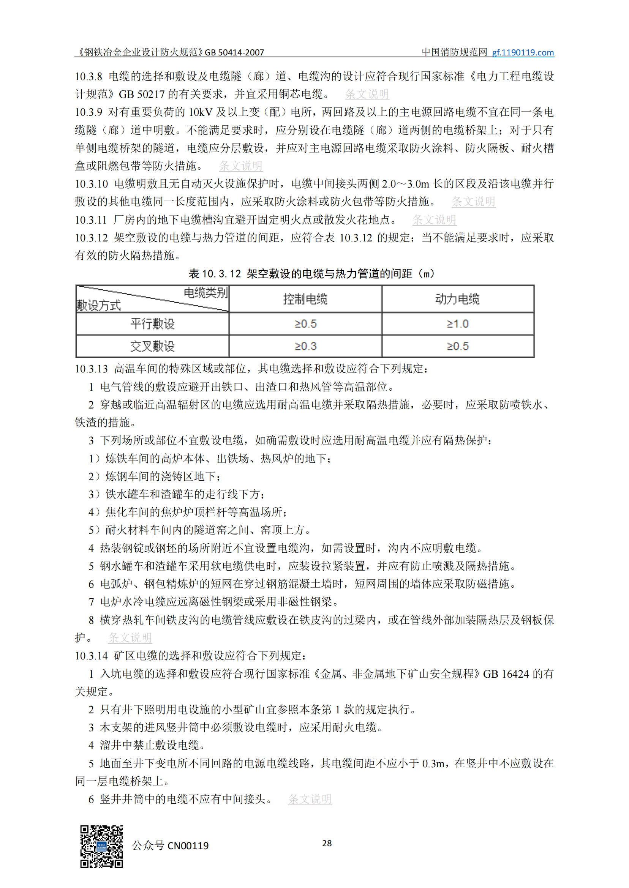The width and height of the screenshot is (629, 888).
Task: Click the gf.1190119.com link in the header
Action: pos(523,52)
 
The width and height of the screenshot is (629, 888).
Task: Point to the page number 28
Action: pos(327,843)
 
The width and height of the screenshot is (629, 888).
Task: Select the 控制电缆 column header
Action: pos(305,299)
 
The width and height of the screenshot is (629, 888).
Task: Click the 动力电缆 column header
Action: pos(457,299)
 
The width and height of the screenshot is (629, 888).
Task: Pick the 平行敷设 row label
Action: pos(152,323)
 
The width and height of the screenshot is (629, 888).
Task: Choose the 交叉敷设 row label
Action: pos(152,346)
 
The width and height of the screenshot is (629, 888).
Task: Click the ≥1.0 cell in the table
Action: pos(457,323)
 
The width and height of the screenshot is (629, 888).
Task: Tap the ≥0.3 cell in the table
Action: pos(305,346)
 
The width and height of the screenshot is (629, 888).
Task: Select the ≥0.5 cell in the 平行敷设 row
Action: pos(305,323)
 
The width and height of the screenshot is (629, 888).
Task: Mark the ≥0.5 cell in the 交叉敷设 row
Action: pos(457,346)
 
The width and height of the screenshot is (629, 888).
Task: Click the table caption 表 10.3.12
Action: pos(311,274)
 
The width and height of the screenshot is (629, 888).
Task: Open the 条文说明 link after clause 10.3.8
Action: pos(367,94)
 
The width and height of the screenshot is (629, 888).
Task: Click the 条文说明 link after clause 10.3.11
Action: pos(434,220)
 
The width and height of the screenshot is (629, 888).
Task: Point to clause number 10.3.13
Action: pos(91,369)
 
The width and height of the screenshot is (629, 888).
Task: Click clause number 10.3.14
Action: pos(91,656)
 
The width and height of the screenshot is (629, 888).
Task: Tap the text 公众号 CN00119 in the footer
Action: pos(171,845)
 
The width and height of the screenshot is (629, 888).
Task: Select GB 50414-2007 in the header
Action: pos(234,52)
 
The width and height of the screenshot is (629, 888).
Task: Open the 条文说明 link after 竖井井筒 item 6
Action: pos(310,799)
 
